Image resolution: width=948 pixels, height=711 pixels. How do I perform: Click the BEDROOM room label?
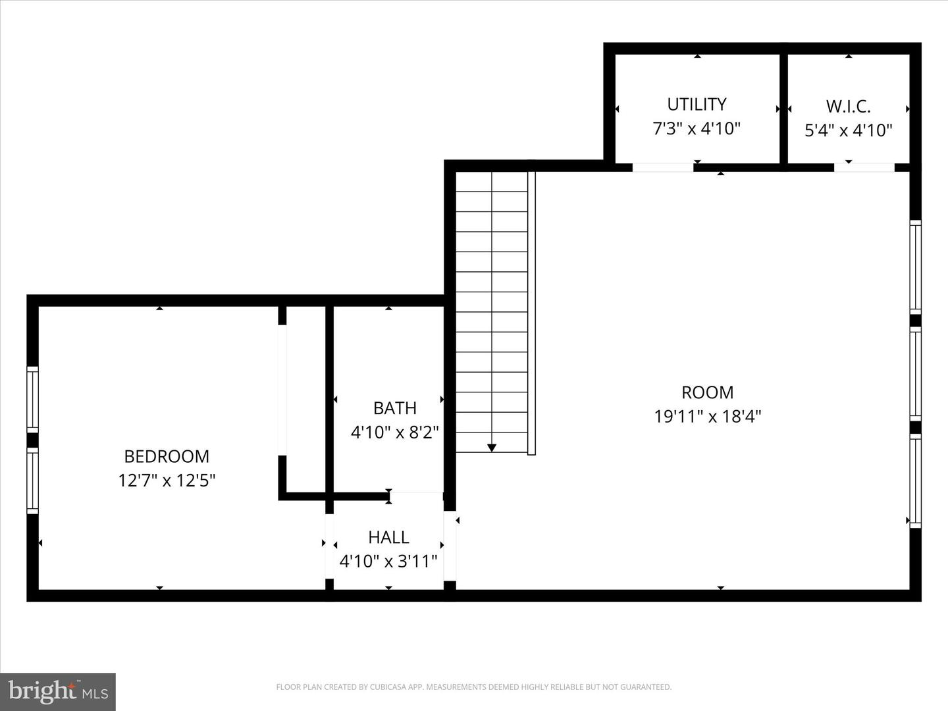click(x=167, y=456)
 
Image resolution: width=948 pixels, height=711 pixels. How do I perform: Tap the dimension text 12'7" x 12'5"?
click(x=167, y=481)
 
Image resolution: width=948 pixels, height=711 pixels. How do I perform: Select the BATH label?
click(x=395, y=408)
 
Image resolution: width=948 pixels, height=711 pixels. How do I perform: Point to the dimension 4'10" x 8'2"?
click(x=395, y=433)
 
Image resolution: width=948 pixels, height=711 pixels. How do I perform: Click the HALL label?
click(x=388, y=537)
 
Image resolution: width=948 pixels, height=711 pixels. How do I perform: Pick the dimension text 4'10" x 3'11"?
click(x=388, y=562)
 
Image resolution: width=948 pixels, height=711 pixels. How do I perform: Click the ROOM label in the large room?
click(x=708, y=392)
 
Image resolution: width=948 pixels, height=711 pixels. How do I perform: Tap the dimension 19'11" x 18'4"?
click(x=708, y=417)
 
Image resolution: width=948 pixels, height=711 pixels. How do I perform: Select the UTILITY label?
click(x=697, y=104)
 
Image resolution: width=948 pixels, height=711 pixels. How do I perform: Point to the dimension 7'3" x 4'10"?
click(x=697, y=128)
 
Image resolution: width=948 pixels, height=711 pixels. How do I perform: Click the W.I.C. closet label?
click(x=849, y=106)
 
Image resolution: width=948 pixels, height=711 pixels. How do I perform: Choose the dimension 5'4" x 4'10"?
click(x=849, y=130)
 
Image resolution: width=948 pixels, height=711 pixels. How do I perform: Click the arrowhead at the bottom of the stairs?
click(x=492, y=448)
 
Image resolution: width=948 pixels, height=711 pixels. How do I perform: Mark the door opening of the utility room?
click(x=663, y=167)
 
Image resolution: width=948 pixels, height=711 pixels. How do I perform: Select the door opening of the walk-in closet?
click(x=864, y=167)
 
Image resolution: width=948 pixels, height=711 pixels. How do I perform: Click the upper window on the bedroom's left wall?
click(x=32, y=399)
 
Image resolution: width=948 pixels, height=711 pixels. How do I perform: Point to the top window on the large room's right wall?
click(x=915, y=266)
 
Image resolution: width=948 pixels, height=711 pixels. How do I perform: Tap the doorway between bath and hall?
click(x=416, y=492)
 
